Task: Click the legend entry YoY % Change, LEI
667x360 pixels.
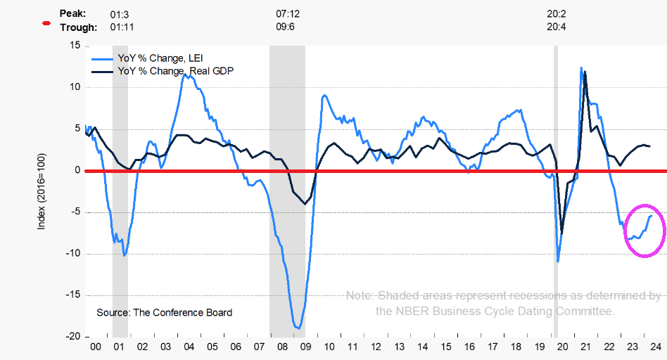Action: (x=161, y=58)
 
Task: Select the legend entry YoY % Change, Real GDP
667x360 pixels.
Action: (x=173, y=71)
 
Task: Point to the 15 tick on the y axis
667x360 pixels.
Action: (x=75, y=46)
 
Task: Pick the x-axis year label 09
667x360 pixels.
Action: (x=305, y=347)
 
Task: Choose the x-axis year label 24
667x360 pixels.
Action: (x=654, y=347)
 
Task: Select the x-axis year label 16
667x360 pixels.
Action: (x=468, y=347)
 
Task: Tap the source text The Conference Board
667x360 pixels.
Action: (x=164, y=312)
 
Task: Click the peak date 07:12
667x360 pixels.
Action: (x=288, y=13)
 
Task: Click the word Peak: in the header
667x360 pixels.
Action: (x=73, y=13)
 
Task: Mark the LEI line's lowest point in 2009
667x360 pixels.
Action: (x=298, y=328)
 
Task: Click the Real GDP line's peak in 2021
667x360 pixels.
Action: (x=585, y=72)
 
